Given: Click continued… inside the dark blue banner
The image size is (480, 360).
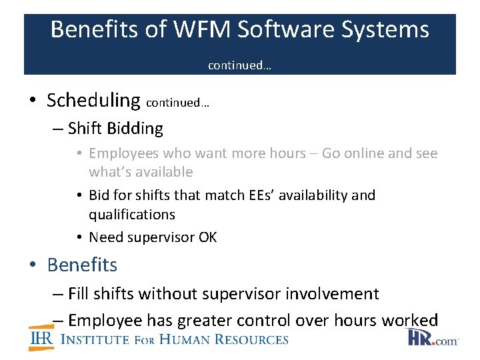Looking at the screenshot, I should point(239,65).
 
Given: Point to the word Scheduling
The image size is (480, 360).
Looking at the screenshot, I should point(93,100).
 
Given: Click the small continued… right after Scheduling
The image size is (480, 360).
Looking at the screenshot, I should point(177,103).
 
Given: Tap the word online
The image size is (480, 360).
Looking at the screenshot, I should point(361,153).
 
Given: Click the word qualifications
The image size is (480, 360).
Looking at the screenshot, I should point(132,214).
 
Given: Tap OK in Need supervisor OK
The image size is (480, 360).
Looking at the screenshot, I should point(207,237).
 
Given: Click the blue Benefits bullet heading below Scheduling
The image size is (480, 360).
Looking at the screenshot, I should point(82,265).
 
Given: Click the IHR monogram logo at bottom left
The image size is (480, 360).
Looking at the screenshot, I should point(41,339).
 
